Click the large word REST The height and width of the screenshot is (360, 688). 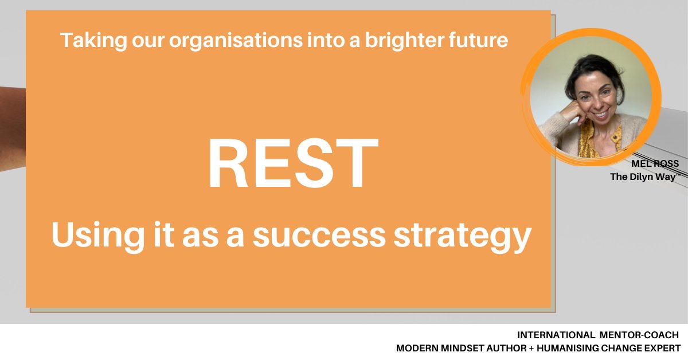tap(293, 165)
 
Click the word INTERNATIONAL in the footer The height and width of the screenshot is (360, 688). tap(555, 334)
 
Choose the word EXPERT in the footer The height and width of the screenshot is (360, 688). tap(663, 348)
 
